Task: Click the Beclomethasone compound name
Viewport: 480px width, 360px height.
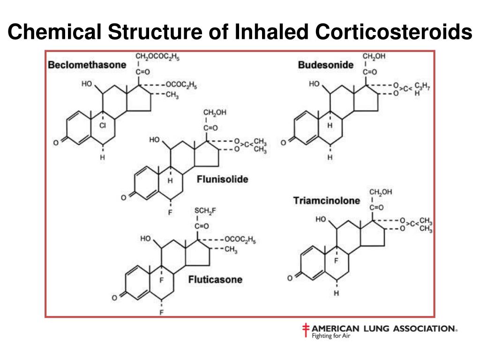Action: point(87,65)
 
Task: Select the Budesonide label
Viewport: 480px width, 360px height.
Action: point(326,65)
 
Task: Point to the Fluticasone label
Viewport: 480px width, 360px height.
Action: point(215,279)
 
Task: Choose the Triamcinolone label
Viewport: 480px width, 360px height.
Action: point(327,201)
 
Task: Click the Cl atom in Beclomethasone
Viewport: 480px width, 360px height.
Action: point(103,126)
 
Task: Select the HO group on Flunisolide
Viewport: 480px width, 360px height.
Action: point(154,140)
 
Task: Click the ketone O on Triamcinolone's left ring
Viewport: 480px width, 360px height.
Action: point(290,278)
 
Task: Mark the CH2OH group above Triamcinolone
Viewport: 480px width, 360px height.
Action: point(381,192)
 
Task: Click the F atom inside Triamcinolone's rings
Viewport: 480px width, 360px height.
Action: point(336,261)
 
